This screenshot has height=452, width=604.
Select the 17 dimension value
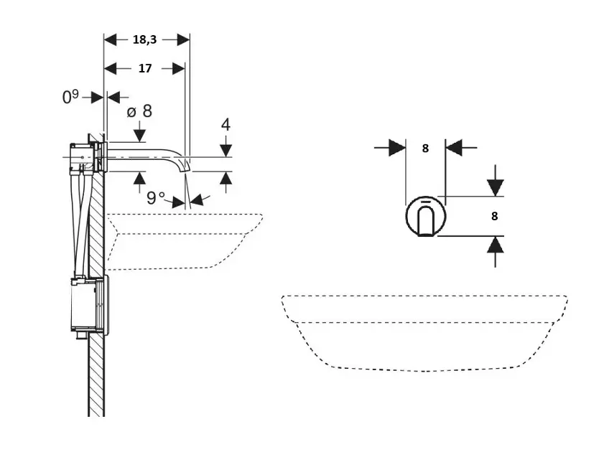click(x=145, y=69)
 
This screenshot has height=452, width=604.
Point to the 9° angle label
click(x=156, y=198)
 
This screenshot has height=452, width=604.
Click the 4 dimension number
click(x=226, y=124)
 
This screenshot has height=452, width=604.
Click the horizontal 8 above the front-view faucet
click(x=425, y=149)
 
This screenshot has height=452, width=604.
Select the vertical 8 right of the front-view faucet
click(x=495, y=215)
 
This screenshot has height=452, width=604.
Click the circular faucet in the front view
click(x=425, y=216)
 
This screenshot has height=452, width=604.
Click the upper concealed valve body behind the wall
click(x=85, y=158)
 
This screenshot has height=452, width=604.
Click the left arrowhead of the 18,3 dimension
click(x=111, y=40)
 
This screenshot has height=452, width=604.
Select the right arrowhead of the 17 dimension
click(x=179, y=69)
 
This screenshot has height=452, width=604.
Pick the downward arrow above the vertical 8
click(x=495, y=186)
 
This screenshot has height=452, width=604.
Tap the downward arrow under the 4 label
click(x=226, y=149)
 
